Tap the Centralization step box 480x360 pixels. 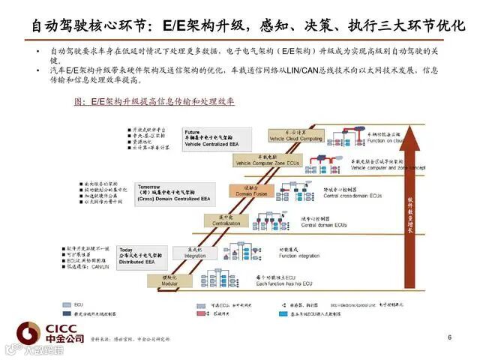[x=220, y=220]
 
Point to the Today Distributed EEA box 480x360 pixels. [x=139, y=255]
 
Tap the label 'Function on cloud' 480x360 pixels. [x=387, y=140]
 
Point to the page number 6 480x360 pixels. [x=450, y=337]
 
